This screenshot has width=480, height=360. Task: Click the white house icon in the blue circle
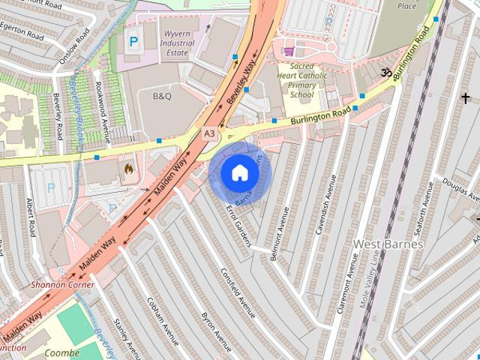[x=238, y=173]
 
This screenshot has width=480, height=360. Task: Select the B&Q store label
[x=163, y=97]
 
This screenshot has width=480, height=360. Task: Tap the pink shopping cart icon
[x=289, y=52]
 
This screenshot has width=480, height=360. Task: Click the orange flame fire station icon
[x=128, y=169]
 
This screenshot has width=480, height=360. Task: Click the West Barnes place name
[x=388, y=244]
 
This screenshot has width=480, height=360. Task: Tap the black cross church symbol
[x=465, y=97]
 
